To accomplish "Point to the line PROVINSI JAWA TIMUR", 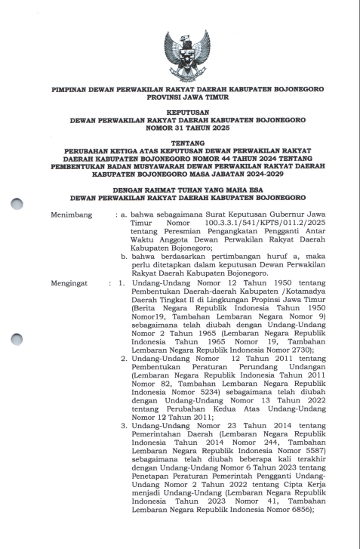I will [180, 97].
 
